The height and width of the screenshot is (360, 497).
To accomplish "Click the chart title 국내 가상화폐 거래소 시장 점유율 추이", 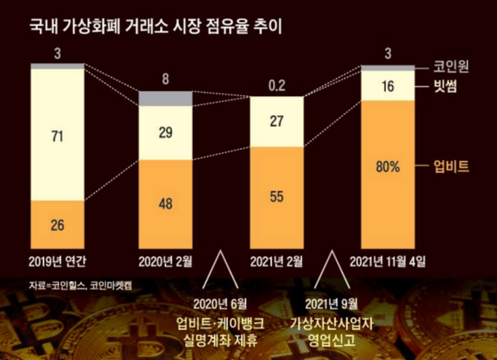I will point(158,25).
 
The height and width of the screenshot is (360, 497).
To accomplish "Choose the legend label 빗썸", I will point(447,85).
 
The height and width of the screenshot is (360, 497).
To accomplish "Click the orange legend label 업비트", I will point(452,166).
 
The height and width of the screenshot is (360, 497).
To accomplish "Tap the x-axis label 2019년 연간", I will point(57,262).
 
